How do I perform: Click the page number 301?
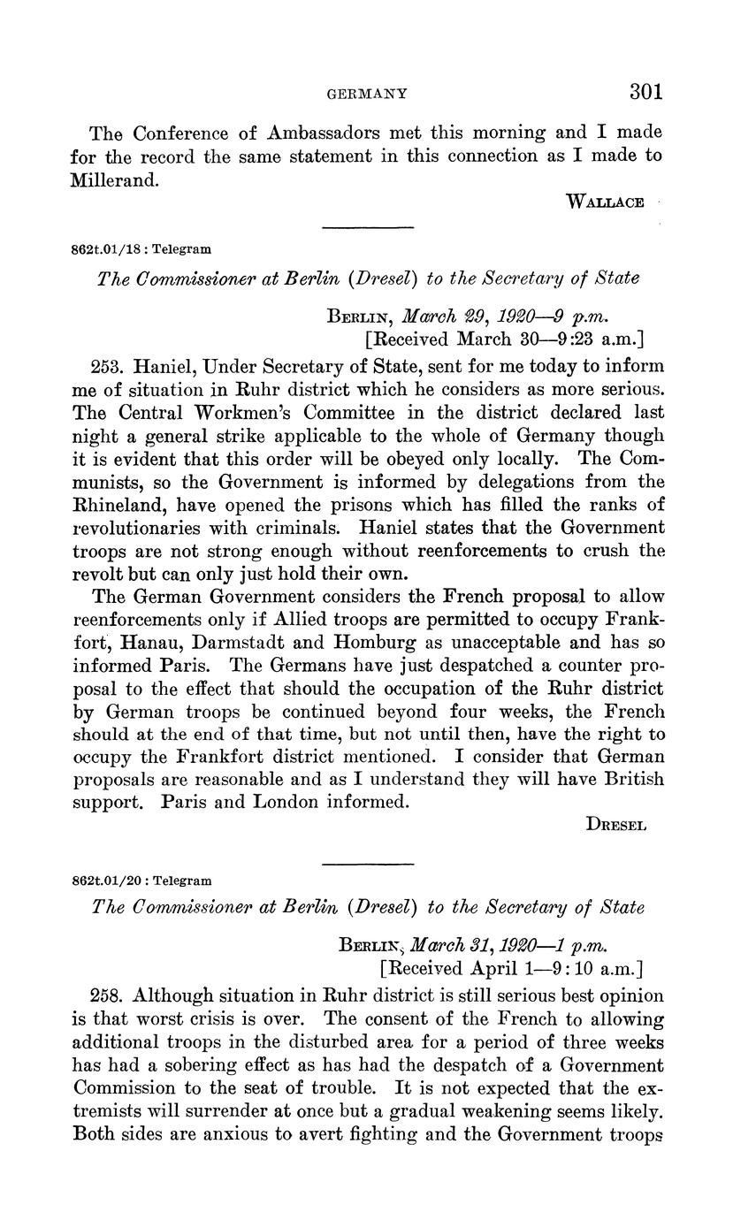[x=646, y=92]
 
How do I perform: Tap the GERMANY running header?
[x=367, y=93]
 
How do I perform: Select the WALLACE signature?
[x=605, y=202]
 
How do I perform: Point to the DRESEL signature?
[x=616, y=825]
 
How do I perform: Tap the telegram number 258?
[x=106, y=996]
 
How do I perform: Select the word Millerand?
[x=112, y=179]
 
